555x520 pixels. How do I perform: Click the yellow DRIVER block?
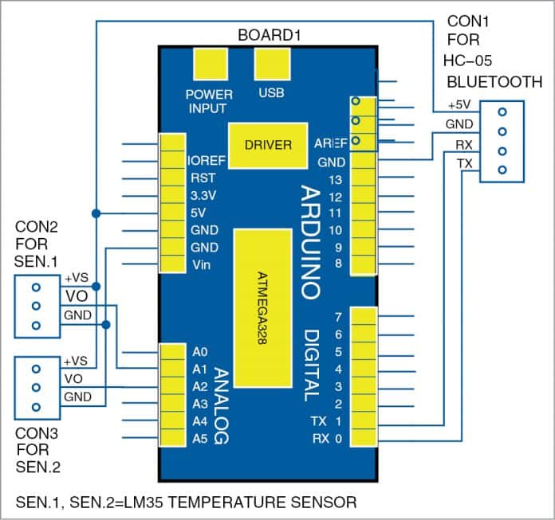(x=268, y=146)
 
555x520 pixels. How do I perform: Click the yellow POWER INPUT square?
(x=210, y=63)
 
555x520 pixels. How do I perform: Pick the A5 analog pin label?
(x=199, y=438)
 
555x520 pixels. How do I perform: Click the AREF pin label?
(x=330, y=144)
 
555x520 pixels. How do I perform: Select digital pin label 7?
(x=338, y=318)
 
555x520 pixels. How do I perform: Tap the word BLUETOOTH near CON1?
(x=494, y=81)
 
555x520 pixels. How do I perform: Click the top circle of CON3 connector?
(x=37, y=369)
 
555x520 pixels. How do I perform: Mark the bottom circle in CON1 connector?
(x=502, y=170)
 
